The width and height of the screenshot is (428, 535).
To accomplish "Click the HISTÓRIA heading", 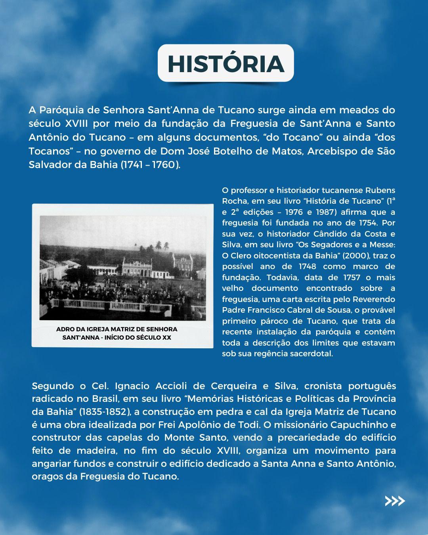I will (225, 63).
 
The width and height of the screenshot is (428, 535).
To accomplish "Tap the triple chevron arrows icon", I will (395, 501).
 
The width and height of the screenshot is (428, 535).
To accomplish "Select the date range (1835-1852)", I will (105, 412).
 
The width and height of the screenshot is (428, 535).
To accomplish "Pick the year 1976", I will (294, 212).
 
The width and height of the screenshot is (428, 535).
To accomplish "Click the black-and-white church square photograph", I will (122, 268).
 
